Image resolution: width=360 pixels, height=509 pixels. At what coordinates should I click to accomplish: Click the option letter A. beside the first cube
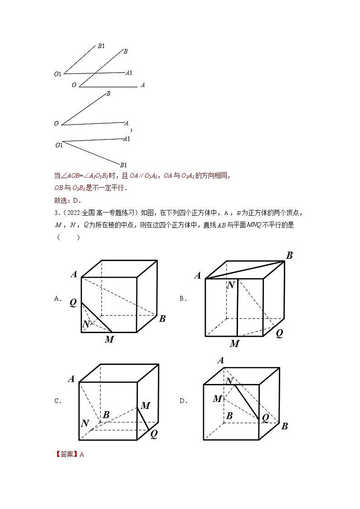58,298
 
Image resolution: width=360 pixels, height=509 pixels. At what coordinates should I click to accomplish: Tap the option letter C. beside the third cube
58,401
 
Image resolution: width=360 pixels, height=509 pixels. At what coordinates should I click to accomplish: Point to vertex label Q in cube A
73,303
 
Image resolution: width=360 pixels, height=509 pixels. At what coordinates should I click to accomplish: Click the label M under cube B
234,344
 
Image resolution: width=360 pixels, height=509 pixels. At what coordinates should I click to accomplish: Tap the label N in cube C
85,423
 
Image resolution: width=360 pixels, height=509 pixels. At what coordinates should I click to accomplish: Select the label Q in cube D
265,417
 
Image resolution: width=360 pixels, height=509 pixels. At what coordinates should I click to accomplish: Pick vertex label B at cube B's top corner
289,256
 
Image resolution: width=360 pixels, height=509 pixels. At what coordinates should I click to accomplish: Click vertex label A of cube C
71,379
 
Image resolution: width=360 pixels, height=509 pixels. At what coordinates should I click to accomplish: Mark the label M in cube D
217,398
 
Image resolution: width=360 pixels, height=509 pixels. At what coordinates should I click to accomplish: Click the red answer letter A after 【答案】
82,454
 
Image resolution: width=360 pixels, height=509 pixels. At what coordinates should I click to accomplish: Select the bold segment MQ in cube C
145,419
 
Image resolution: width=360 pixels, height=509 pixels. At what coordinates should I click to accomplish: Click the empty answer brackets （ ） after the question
68,237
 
